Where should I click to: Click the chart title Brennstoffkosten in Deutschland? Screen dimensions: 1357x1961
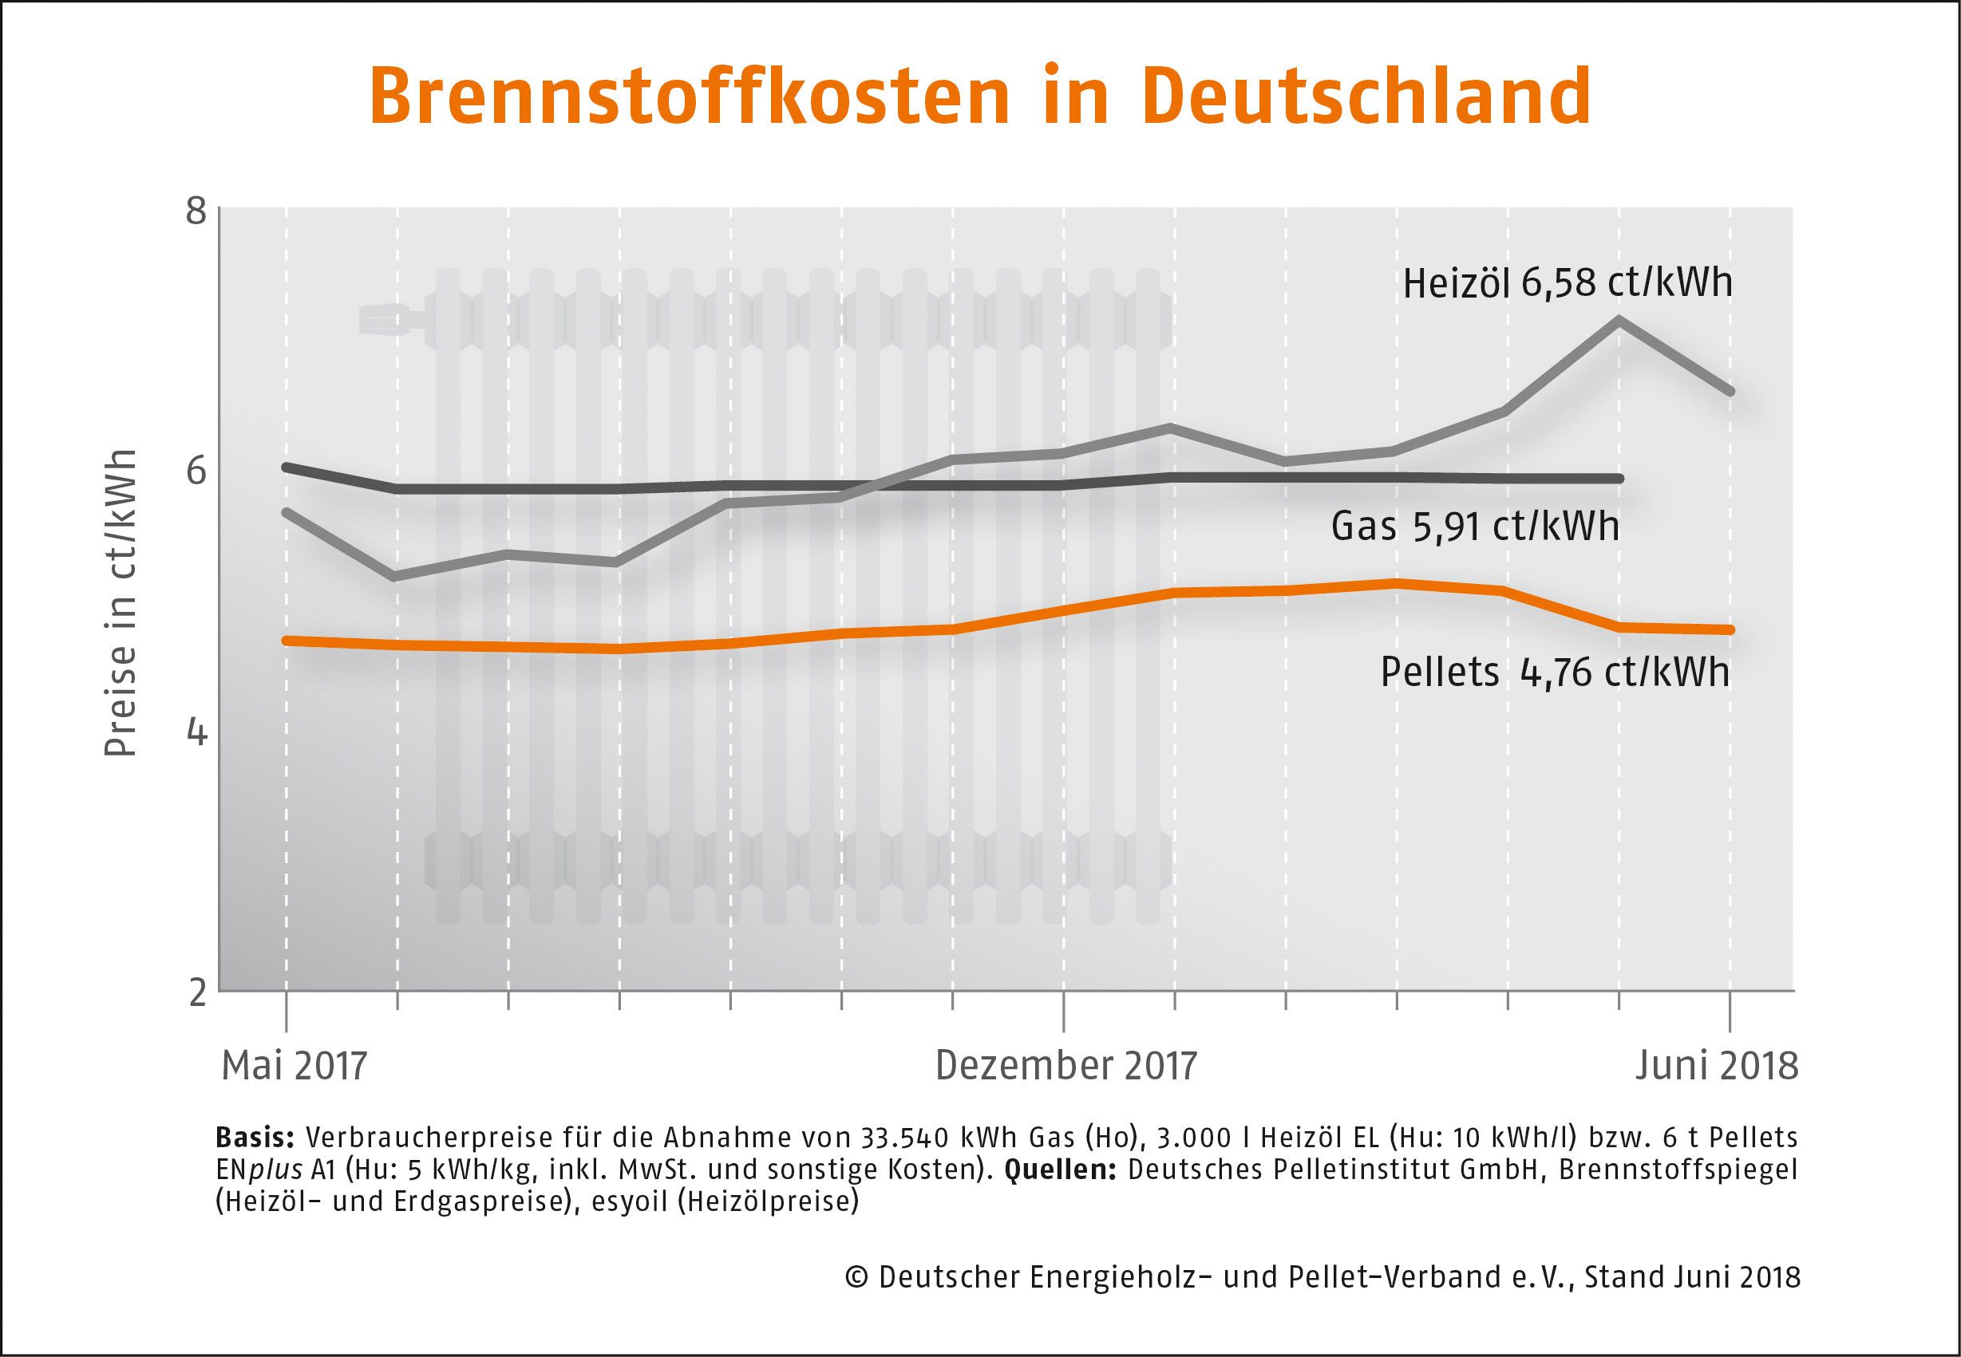point(979,95)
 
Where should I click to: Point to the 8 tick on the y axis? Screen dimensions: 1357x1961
point(196,211)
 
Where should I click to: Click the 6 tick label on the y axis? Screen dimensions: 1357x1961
point(196,470)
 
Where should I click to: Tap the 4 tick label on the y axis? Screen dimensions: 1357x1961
point(196,731)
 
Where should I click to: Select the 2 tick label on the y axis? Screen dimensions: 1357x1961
point(197,992)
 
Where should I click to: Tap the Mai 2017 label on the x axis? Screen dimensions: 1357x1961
point(295,1066)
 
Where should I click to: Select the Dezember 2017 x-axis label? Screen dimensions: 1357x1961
point(1066,1066)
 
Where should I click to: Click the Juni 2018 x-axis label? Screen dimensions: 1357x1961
point(1717,1066)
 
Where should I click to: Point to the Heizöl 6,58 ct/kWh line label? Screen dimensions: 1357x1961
point(1567,282)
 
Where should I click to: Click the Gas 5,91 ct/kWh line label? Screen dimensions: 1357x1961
point(1475,527)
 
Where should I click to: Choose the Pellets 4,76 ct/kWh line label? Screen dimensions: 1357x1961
point(1555,672)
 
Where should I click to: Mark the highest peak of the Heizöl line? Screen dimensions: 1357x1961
point(1619,321)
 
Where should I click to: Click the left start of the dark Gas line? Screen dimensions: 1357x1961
point(287,467)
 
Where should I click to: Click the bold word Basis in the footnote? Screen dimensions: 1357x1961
point(255,1138)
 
